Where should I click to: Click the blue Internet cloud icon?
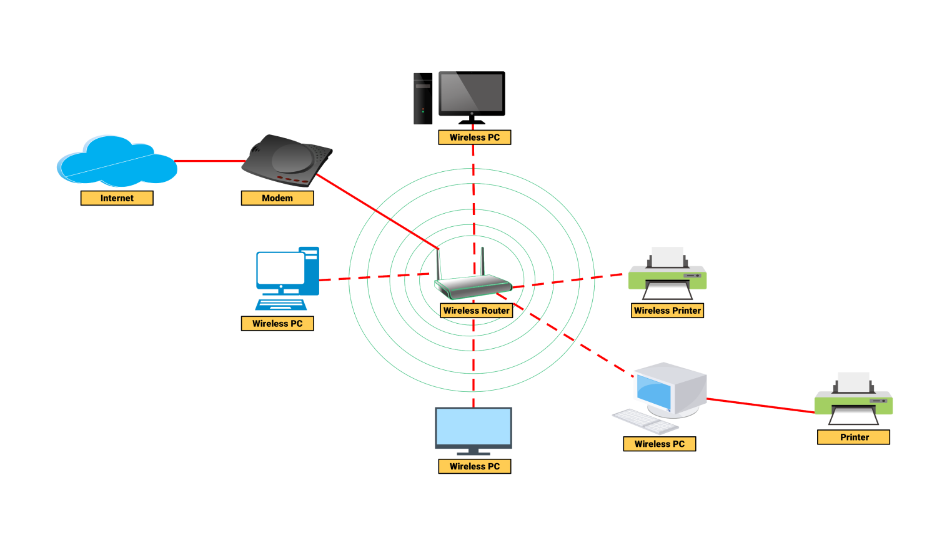pos(117,161)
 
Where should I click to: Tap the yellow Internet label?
pos(117,198)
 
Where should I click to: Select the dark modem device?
pos(287,160)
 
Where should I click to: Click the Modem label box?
pos(277,198)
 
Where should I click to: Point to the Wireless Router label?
pos(476,311)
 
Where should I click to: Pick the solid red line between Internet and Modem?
pos(209,161)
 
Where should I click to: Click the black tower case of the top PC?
pos(423,98)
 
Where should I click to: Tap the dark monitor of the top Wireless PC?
pos(472,94)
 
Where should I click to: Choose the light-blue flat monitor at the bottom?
pos(473,427)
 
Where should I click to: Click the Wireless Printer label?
pos(667,311)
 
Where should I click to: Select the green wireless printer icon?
pos(667,275)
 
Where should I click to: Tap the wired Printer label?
pos(853,437)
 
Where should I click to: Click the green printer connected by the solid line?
pos(853,401)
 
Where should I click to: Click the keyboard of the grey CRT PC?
pos(645,421)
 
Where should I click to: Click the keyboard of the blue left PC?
pos(281,305)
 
